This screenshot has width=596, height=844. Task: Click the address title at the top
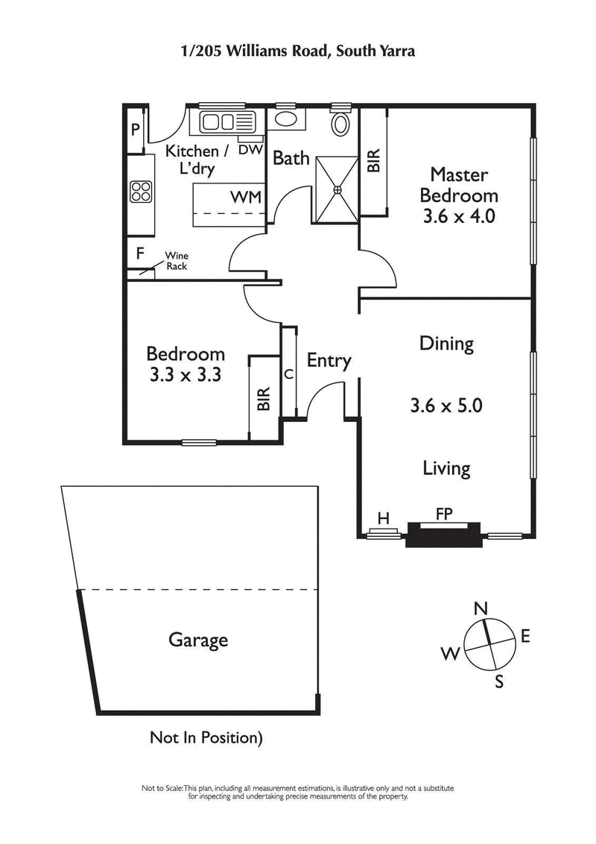pos(298,51)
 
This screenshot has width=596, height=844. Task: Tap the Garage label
pos(198,640)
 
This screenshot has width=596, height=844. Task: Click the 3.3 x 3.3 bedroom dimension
pos(186,375)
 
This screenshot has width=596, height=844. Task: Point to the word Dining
pos(446,344)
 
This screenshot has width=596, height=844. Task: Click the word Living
pos(446,468)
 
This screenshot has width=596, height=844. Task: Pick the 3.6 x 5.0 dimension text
pos(446,406)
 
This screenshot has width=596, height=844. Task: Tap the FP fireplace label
pos(445,514)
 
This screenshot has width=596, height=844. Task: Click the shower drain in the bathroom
pos(337,189)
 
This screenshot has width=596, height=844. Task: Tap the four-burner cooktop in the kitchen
pos(141,192)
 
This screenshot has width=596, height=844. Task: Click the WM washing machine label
pos(245,198)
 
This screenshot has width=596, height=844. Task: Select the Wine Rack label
pos(177,261)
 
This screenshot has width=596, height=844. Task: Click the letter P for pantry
pos(136,130)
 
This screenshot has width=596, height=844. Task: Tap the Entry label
pos(329,361)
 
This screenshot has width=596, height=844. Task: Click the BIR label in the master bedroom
pos(374,160)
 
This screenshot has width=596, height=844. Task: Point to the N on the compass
pos(481,608)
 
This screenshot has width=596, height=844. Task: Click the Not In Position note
pos(207,738)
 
